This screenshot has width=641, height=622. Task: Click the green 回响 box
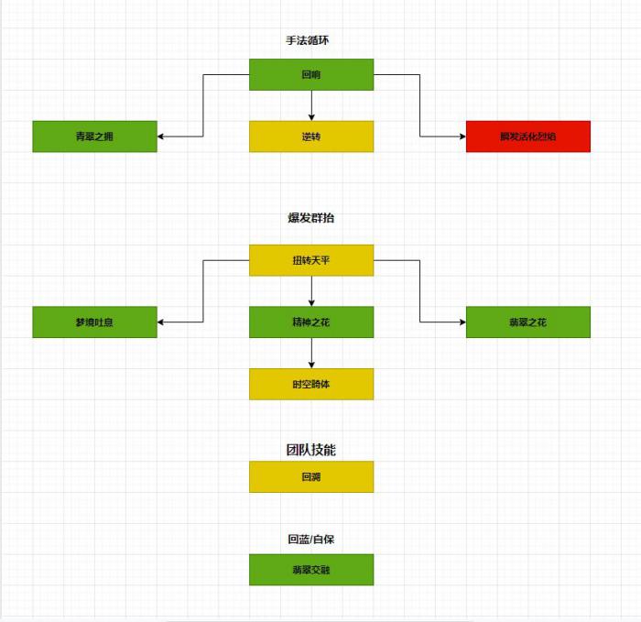point(311,74)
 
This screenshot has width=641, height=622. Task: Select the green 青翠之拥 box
point(94,136)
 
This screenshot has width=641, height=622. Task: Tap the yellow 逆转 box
point(311,136)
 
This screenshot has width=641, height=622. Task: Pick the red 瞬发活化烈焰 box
point(527,136)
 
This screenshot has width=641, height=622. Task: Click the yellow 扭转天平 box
point(311,260)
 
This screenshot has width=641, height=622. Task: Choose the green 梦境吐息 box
point(94,322)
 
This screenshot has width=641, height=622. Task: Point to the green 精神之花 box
point(311,322)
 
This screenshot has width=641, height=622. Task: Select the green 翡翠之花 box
point(527,322)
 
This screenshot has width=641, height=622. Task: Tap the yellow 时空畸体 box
point(311,384)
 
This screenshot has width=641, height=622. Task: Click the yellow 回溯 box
point(311,476)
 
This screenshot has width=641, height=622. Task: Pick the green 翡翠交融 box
point(311,569)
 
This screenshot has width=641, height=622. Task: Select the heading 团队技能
point(311,450)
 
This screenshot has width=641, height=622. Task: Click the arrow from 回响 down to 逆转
point(311,105)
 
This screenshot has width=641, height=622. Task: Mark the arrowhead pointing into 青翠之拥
point(162,136)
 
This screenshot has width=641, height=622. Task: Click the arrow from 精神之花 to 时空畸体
point(311,353)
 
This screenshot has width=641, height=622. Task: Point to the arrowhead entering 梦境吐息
point(162,322)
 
